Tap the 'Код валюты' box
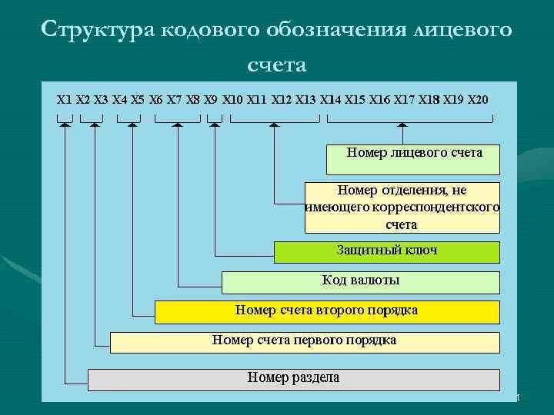360,282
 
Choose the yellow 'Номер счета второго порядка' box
327,311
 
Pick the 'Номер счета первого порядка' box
305,341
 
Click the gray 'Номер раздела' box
293,379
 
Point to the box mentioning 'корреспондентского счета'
402,207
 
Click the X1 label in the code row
65,99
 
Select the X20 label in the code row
477,99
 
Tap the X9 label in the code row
211,99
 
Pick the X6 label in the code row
156,99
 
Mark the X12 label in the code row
282,99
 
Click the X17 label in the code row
404,99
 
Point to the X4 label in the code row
120,99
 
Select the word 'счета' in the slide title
276,65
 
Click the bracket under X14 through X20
410,118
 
